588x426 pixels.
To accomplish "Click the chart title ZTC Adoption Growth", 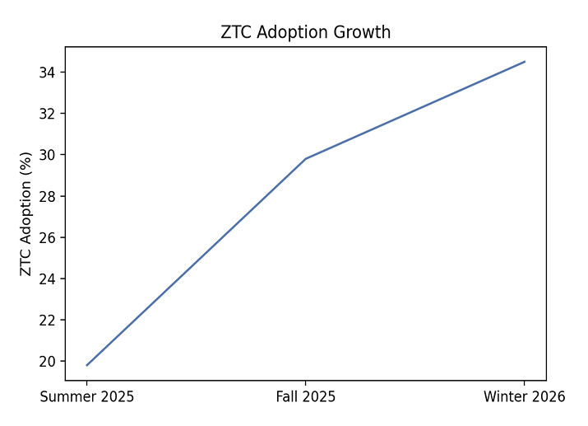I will click(x=305, y=33).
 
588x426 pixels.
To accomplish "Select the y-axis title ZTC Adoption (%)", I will click(x=26, y=213).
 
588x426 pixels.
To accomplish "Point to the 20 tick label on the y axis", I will click(x=48, y=361).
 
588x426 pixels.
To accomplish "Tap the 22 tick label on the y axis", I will click(x=48, y=320).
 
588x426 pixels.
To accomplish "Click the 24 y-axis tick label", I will click(x=48, y=279).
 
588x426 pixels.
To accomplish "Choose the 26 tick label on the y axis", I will click(x=48, y=237).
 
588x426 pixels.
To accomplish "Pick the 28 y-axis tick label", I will click(x=48, y=196).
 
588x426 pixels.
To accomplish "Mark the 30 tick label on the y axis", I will click(x=48, y=155).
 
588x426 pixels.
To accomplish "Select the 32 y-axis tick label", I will click(x=48, y=114).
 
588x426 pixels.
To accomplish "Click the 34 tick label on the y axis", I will click(x=48, y=73).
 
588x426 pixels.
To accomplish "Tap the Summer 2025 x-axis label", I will click(x=87, y=397).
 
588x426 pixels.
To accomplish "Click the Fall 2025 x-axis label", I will click(x=306, y=397).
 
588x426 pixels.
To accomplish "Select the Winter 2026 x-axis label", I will click(x=525, y=397).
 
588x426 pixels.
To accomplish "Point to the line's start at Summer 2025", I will click(x=87, y=365).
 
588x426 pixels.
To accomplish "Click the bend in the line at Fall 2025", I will click(x=306, y=159).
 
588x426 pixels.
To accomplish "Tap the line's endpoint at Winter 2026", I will click(x=525, y=62).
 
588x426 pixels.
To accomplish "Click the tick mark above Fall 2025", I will click(x=306, y=383).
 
